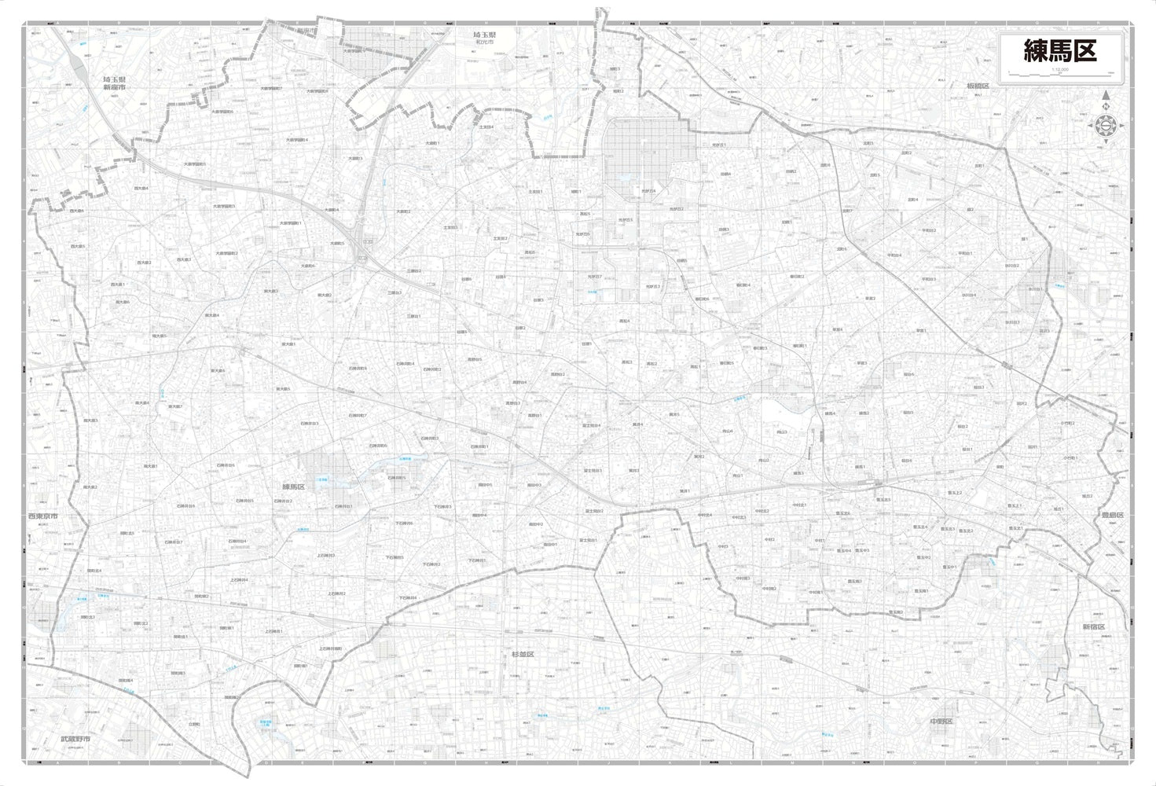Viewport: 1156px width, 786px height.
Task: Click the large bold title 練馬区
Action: [1059, 51]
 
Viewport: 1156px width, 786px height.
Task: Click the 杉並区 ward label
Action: [523, 654]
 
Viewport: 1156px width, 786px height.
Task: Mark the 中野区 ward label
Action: [941, 722]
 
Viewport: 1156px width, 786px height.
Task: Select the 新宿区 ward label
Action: [1093, 627]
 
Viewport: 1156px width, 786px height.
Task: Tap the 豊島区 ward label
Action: [1112, 515]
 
